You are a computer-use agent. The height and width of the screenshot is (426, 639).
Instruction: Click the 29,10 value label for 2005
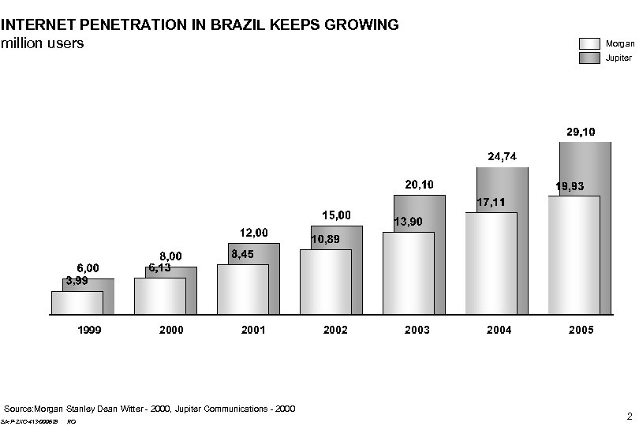click(x=581, y=131)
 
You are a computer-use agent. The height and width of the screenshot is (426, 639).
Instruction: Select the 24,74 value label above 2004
click(x=503, y=157)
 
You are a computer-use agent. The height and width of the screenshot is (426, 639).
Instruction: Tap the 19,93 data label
click(x=570, y=187)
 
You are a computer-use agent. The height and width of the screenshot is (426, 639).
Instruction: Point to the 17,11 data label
click(x=490, y=203)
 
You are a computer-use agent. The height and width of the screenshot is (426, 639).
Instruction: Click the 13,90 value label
click(x=408, y=222)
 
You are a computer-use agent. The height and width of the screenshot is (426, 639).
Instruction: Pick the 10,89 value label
click(x=325, y=239)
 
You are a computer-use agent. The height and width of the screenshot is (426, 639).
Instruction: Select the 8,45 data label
click(x=242, y=254)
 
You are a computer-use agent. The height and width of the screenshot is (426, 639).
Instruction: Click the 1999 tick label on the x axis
click(x=89, y=330)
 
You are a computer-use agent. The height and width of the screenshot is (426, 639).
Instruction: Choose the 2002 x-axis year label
click(x=335, y=330)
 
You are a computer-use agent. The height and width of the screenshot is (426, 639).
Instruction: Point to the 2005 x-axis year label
click(x=581, y=330)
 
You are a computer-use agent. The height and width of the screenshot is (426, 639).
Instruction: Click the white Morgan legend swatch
click(x=590, y=43)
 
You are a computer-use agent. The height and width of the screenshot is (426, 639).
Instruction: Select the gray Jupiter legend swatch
click(x=590, y=58)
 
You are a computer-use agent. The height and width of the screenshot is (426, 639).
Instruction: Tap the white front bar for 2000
click(x=159, y=297)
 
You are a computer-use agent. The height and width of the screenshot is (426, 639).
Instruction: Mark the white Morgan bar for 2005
click(x=574, y=256)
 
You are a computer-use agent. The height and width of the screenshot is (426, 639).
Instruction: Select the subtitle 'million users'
click(x=42, y=43)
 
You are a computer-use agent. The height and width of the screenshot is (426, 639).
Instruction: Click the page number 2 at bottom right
click(x=629, y=416)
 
